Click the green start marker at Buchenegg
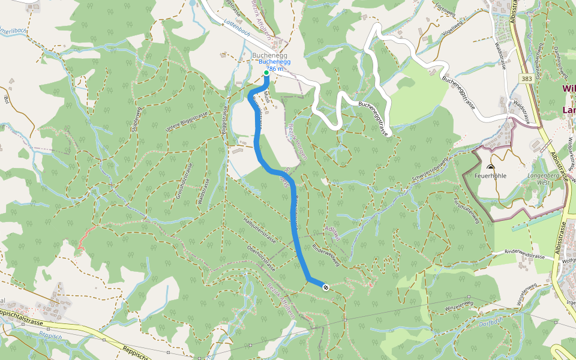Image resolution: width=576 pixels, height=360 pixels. click(x=266, y=73)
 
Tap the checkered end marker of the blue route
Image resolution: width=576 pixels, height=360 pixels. click(x=325, y=287)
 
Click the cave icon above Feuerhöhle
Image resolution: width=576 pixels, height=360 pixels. click(x=491, y=168)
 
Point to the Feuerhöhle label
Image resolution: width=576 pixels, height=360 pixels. click(x=491, y=176)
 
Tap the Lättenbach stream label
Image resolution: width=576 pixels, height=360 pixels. click(x=236, y=35)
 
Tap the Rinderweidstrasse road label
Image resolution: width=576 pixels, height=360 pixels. click(x=524, y=254)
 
